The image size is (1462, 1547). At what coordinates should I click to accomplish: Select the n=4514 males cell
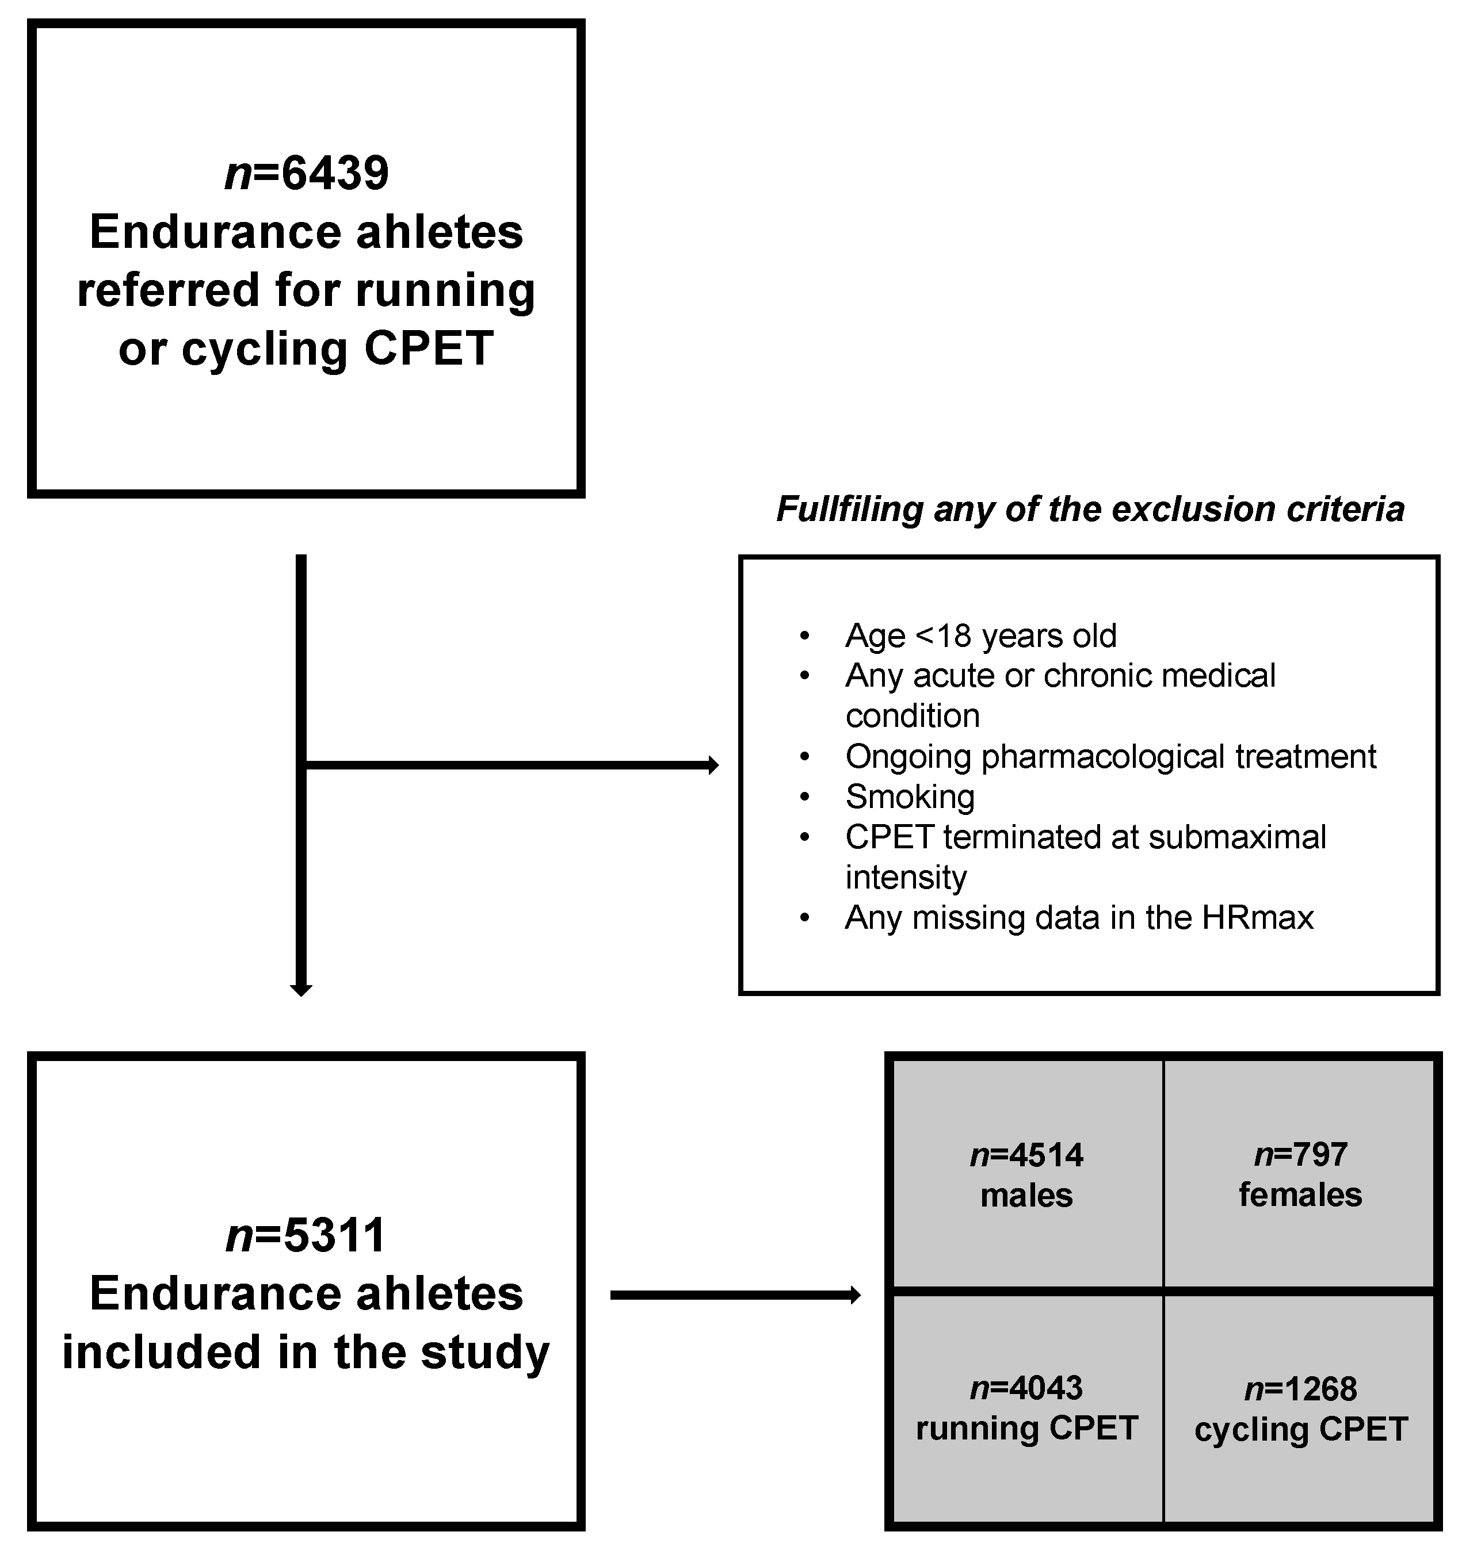click(x=1026, y=1175)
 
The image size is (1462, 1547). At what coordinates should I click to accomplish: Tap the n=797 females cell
click(x=1300, y=1175)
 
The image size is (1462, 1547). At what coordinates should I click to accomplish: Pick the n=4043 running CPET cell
click(x=1026, y=1408)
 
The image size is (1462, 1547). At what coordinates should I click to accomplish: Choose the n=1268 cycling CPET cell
click(x=1300, y=1409)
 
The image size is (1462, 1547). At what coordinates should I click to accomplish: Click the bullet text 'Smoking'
click(x=910, y=797)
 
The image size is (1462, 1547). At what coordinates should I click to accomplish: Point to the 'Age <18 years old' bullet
click(x=980, y=635)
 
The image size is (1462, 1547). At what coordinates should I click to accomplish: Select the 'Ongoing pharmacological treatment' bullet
click(x=1110, y=756)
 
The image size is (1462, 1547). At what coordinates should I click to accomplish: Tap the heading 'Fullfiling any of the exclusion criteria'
click(x=1090, y=510)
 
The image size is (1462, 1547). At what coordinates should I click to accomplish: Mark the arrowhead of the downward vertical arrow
click(x=301, y=990)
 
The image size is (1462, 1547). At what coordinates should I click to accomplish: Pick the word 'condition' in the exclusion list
click(x=913, y=716)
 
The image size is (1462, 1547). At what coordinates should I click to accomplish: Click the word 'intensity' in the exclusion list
click(x=906, y=878)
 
